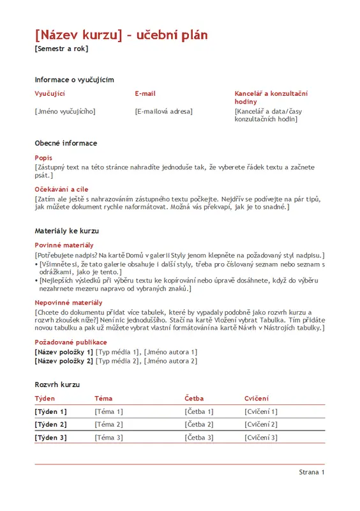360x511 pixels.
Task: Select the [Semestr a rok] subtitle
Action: coord(61,49)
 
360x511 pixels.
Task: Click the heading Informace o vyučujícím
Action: coord(74,80)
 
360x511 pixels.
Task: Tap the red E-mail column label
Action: coord(145,94)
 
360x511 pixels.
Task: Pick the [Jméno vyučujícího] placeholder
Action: coord(64,111)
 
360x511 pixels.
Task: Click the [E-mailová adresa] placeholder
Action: coord(163,111)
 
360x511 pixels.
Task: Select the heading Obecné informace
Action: coord(66,143)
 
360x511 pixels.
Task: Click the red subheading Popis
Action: coord(43,158)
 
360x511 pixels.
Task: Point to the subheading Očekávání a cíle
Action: coord(61,190)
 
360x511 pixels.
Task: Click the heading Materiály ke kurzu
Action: coord(66,231)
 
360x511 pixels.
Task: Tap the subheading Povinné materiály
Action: coord(64,245)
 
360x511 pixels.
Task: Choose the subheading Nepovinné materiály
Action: coord(68,303)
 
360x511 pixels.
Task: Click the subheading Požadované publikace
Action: coord(71,342)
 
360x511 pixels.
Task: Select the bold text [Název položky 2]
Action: coord(64,361)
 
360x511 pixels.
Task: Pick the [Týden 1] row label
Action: coord(50,412)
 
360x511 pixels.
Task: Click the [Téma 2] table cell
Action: coord(109,425)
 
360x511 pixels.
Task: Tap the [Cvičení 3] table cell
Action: coord(260,438)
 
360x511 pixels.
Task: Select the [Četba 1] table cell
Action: coord(199,412)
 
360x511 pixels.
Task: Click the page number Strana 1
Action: coord(311,472)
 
